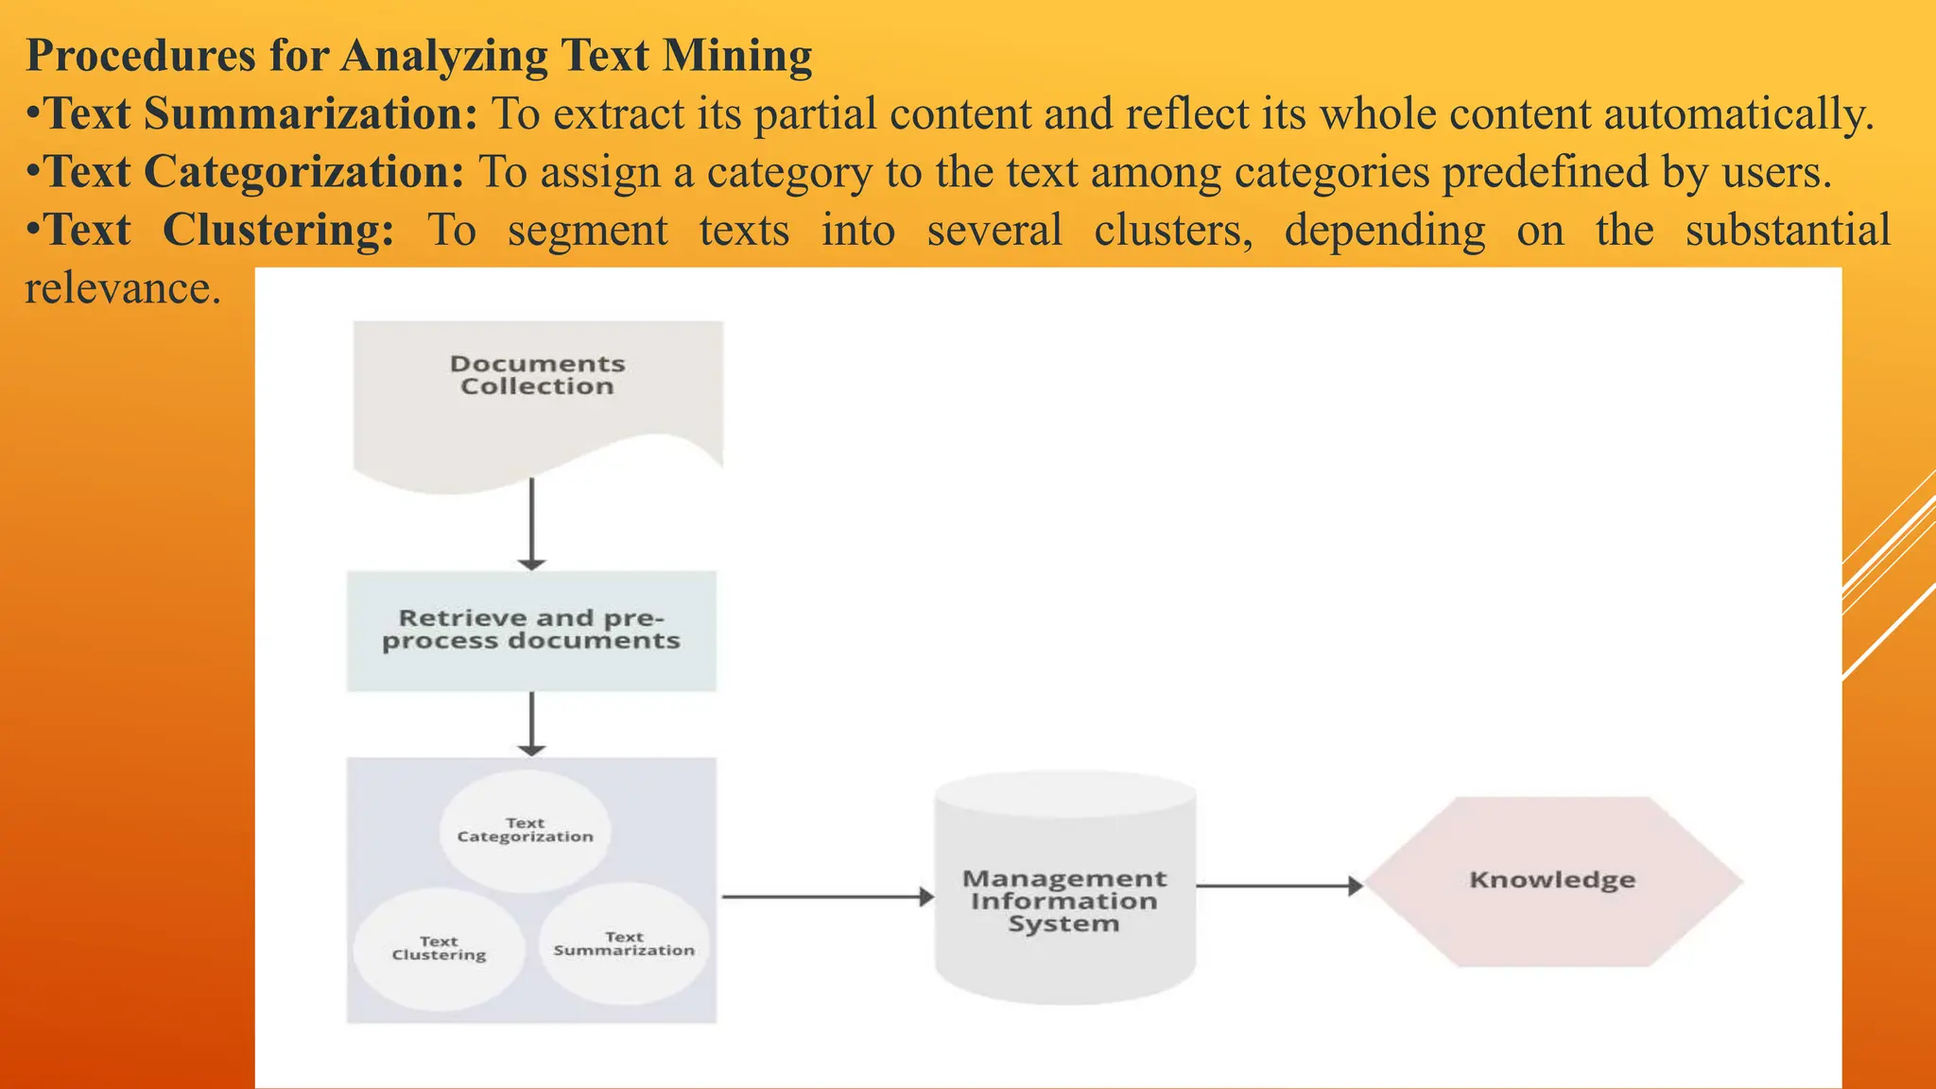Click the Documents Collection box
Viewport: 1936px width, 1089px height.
[537, 397]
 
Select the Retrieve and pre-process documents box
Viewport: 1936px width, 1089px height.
[531, 631]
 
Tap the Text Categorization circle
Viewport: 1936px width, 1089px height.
[526, 831]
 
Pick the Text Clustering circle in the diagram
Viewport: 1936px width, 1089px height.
[439, 949]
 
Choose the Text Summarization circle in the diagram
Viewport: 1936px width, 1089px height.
[624, 944]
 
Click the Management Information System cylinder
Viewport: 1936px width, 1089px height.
[1064, 893]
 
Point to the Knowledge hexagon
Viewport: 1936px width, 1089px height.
[1552, 881]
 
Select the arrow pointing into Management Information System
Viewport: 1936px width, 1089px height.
[827, 896]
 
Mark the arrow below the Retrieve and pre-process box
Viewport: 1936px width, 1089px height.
[531, 723]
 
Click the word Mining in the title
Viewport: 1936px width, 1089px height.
[737, 55]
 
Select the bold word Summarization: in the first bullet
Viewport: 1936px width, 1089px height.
[311, 113]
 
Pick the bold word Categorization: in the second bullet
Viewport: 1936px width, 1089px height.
[303, 172]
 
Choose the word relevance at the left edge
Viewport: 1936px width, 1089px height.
[122, 289]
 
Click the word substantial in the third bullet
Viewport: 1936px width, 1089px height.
[1788, 231]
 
